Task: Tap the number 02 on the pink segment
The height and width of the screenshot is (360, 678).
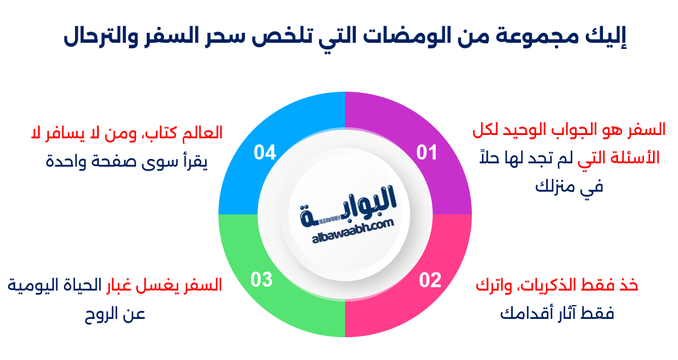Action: pos(430,280)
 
